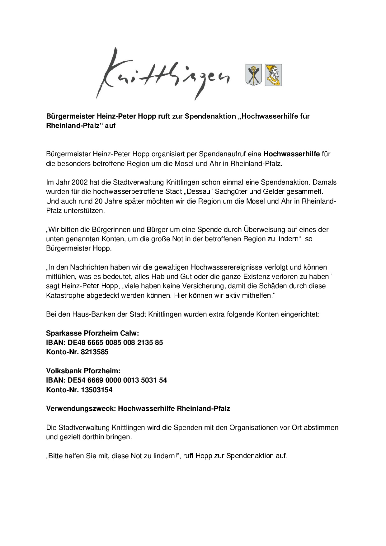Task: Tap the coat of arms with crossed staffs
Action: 254,75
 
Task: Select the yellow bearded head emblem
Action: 273,75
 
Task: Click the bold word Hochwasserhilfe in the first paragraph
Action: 292,154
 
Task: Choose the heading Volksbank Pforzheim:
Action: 83,371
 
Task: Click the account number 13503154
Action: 96,390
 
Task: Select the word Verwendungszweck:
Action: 81,409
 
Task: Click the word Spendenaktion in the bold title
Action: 210,116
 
